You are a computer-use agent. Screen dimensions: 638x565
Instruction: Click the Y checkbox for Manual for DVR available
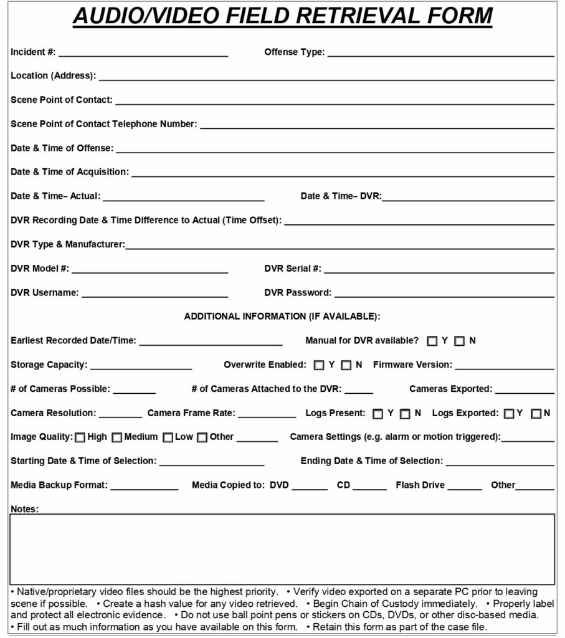[x=432, y=341]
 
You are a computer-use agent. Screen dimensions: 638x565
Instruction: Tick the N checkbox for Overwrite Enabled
[x=346, y=366]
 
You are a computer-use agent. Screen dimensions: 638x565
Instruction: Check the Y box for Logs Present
[x=377, y=414]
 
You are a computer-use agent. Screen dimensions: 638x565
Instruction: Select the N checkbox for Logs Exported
[x=536, y=414]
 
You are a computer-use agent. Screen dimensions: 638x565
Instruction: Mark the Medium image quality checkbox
[x=116, y=437]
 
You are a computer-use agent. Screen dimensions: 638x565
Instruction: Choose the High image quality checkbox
[x=80, y=437]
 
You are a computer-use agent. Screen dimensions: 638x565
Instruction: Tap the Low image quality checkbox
[x=168, y=437]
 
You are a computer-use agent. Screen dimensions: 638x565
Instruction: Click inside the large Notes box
[x=282, y=548]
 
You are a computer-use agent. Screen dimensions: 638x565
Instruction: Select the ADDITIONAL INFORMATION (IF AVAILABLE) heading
[x=282, y=317]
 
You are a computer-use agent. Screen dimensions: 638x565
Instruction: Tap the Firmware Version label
[x=412, y=365]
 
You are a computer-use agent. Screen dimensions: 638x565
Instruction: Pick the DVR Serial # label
[x=293, y=269]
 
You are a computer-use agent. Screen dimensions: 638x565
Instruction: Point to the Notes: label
[x=24, y=509]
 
